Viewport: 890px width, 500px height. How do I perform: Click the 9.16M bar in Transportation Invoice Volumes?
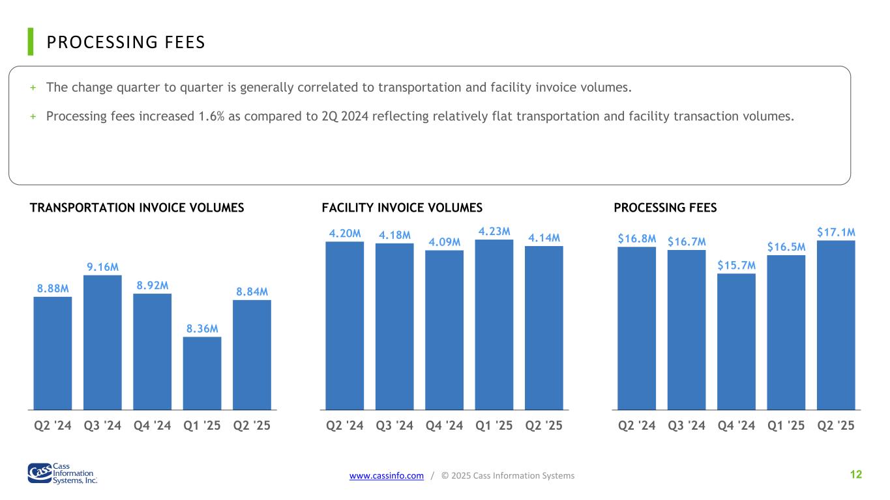102,342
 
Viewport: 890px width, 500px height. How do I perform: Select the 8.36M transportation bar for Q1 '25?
202,374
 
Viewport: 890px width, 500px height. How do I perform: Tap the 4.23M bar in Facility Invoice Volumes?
494,325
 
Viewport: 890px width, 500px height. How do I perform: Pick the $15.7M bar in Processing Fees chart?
736,342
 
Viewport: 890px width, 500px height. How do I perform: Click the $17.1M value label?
836,232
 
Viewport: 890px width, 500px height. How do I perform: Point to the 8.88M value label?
53,288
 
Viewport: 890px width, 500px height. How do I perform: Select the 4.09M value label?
444,242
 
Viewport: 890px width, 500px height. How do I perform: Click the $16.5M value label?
786,247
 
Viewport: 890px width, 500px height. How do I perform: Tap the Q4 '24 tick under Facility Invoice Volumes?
444,425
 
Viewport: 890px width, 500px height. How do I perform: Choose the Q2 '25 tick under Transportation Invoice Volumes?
252,425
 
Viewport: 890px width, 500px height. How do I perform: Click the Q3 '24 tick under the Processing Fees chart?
687,425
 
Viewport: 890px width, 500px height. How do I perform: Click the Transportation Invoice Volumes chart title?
137,208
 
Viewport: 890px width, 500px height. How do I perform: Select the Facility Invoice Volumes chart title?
402,208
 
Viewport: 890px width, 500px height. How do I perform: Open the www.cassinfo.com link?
387,475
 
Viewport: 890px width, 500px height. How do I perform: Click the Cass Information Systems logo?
63,473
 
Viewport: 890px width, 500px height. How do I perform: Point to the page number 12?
856,475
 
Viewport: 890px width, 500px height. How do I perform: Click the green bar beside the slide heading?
31,42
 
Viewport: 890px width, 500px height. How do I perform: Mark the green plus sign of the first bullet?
33,87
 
